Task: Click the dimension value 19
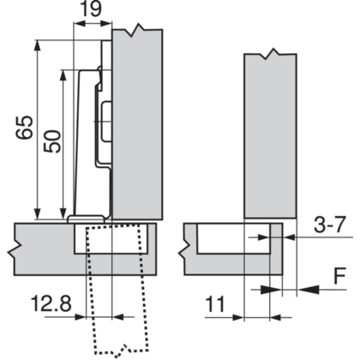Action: click(92, 11)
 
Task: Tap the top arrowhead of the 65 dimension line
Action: click(37, 43)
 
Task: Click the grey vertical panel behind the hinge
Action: click(139, 129)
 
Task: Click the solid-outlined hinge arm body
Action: click(90, 146)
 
